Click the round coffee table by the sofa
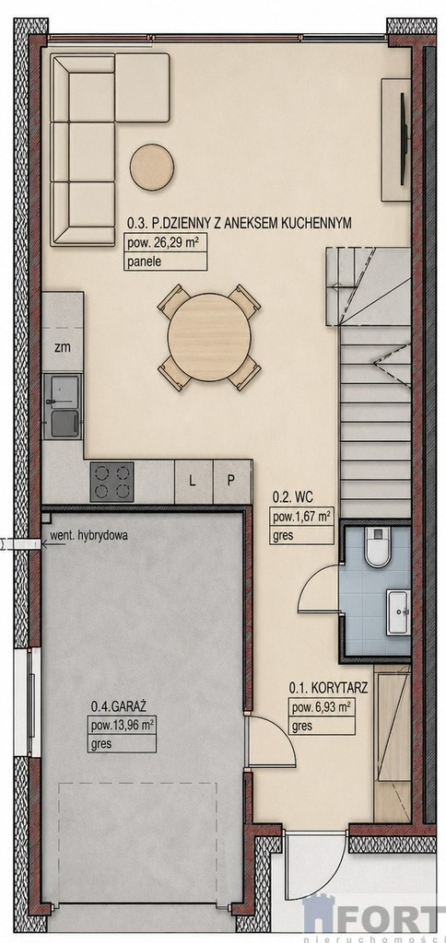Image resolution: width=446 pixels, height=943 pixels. tap(152, 167)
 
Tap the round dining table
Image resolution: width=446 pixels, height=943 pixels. tap(209, 337)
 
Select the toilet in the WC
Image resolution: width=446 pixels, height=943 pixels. tap(378, 546)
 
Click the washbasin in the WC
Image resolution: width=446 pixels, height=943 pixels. tap(398, 611)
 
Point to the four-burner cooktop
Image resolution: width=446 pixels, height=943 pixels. tap(111, 481)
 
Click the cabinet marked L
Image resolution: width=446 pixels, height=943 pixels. tap(193, 481)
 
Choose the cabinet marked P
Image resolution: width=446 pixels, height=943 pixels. tap(231, 481)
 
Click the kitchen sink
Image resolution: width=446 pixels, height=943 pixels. tap(63, 406)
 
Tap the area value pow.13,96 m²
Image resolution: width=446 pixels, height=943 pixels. tap(122, 726)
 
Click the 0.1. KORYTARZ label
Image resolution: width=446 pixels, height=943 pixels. tap(328, 687)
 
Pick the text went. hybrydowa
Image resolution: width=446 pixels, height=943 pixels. tap(88, 535)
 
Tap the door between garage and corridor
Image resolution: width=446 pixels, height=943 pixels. tap(272, 741)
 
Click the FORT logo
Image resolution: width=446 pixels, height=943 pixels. tap(374, 918)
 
